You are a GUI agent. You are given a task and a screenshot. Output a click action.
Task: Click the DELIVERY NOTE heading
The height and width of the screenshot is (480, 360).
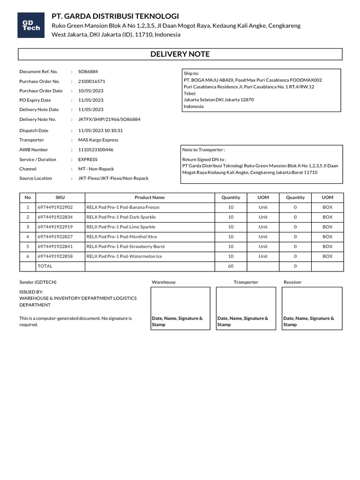[180, 54]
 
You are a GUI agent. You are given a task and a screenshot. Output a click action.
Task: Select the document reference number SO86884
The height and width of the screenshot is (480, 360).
[88, 72]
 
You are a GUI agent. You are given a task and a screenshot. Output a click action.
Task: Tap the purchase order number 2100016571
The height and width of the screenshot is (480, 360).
[91, 81]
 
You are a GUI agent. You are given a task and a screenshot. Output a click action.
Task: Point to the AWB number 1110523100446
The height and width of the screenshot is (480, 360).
[96, 150]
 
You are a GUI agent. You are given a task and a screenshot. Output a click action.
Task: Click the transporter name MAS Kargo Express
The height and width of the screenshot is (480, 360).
[98, 140]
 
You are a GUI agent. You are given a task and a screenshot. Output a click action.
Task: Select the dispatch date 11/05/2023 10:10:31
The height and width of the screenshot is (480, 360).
[100, 130]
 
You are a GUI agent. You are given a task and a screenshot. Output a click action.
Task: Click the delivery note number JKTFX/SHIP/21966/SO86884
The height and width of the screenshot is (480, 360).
[109, 119]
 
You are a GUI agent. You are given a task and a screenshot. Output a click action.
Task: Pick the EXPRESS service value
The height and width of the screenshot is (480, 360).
[88, 159]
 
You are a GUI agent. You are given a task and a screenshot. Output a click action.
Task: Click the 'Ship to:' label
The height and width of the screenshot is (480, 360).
[191, 74]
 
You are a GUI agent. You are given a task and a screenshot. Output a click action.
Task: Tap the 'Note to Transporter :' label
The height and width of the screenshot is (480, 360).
[203, 150]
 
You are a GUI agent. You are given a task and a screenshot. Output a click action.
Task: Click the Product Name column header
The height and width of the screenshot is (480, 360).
[150, 197]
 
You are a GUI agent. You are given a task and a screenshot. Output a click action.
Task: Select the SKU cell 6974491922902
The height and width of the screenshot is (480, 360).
[55, 207]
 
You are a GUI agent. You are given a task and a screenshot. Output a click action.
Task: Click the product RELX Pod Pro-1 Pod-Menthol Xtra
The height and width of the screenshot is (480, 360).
[121, 237]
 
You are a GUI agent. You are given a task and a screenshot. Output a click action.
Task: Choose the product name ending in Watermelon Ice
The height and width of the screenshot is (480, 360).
[124, 256]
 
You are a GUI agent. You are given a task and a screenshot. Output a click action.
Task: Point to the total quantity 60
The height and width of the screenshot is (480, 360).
[231, 266]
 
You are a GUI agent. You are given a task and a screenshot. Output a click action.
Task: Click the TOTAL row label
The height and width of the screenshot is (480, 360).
[45, 266]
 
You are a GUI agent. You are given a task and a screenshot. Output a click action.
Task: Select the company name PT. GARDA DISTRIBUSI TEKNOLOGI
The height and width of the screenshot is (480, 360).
[115, 16]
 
